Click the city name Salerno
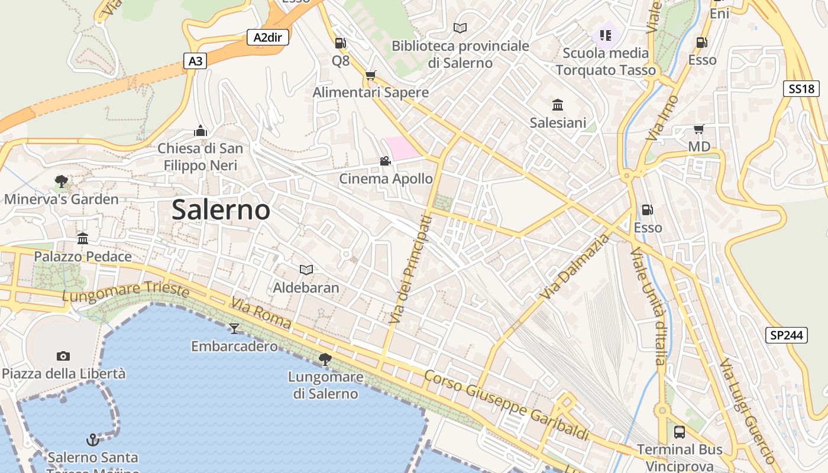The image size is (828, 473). [x=221, y=210]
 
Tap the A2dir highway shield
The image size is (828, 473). [x=268, y=38]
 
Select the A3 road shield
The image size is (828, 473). [x=195, y=60]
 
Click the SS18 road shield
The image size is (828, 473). [x=801, y=89]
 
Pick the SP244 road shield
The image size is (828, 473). [x=786, y=335]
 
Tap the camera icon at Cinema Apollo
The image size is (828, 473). [x=385, y=161]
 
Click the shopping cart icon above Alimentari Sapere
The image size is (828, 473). [x=370, y=75]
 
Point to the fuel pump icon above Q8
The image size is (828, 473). [x=340, y=43]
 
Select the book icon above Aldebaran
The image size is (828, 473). [x=306, y=270]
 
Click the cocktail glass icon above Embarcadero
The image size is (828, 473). [x=234, y=328]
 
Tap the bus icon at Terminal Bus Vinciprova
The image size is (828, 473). [x=680, y=432]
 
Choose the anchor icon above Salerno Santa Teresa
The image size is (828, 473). [x=92, y=440]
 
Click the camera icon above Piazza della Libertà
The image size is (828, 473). [x=63, y=356]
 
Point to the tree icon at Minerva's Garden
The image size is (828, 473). [x=61, y=181]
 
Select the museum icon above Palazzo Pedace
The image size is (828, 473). [x=83, y=239]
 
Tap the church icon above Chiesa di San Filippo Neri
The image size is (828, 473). [x=200, y=130]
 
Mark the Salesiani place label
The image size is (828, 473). [x=558, y=123]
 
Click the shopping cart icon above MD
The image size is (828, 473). [x=698, y=129]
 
